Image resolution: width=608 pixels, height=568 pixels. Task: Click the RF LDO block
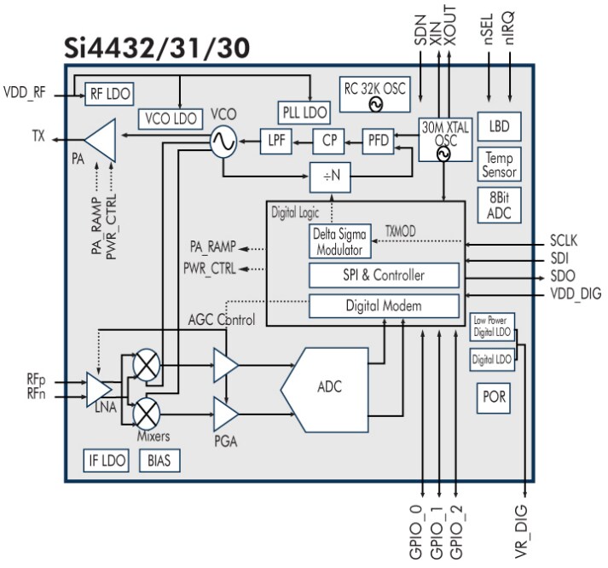[x=109, y=94]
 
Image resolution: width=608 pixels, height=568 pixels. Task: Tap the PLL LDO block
[x=303, y=112]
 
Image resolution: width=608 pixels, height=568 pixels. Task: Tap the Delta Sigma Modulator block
[x=339, y=242]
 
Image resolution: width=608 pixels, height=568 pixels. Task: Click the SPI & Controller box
[x=383, y=275]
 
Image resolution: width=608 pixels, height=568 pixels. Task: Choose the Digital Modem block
[x=383, y=304]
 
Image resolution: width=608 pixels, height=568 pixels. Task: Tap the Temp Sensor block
[x=499, y=164]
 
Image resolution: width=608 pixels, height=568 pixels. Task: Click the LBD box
[x=498, y=126]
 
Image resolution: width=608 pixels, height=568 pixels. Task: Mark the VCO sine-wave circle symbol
[x=223, y=142]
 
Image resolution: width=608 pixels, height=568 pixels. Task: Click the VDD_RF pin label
[x=26, y=90]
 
